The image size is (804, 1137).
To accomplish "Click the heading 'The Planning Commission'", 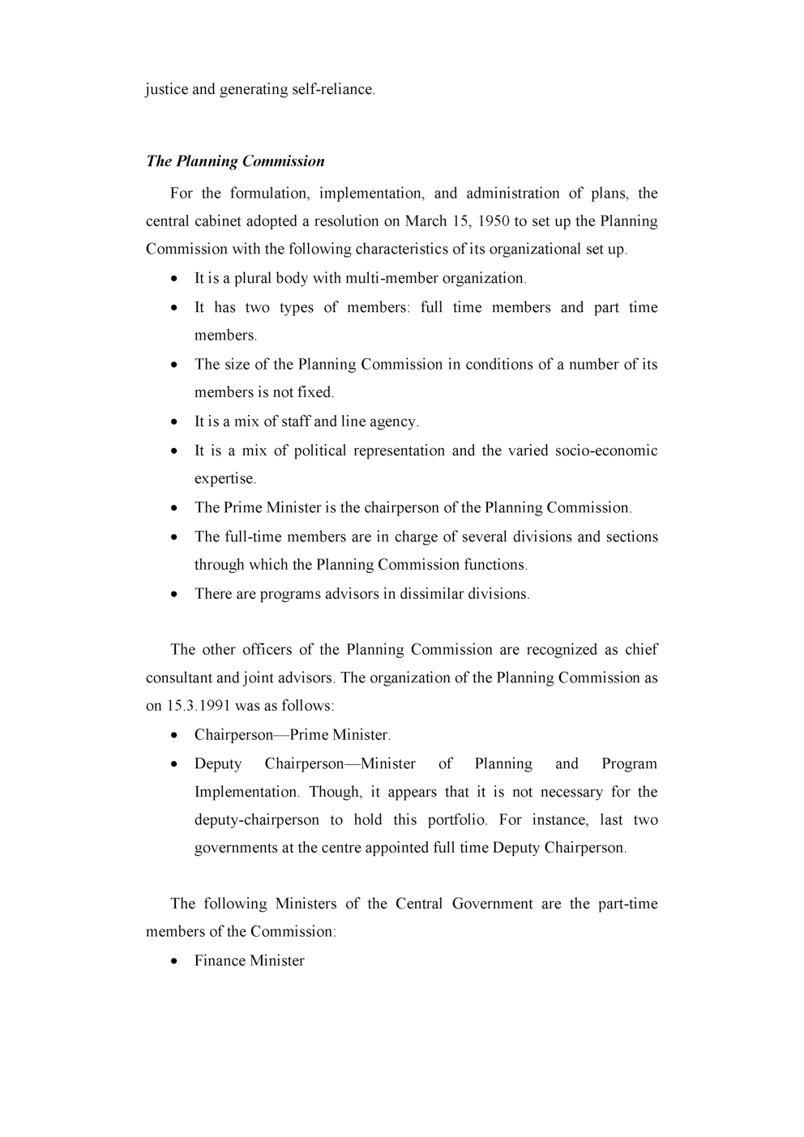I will tap(235, 161).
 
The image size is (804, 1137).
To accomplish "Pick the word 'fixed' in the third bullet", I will tap(314, 392).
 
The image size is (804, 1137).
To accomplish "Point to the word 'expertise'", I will tap(225, 479).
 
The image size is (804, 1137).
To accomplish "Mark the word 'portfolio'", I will tap(457, 820).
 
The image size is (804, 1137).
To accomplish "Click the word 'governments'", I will tap(235, 848).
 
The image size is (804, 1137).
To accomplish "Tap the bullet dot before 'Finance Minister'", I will tap(175, 961).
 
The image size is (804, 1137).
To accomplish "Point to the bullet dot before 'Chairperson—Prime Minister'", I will tap(175, 736).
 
